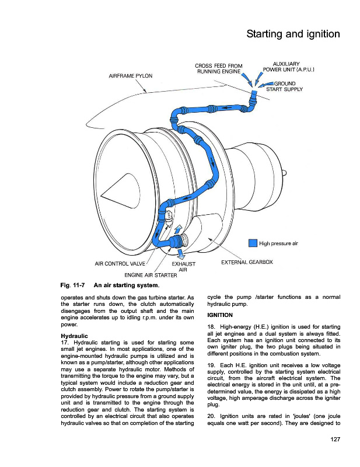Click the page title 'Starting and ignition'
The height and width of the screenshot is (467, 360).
click(x=293, y=34)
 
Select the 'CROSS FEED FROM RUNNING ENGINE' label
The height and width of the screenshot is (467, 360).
click(x=218, y=68)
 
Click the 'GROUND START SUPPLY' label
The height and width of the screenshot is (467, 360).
click(x=284, y=86)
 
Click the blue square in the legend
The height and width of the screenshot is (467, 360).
click(x=253, y=243)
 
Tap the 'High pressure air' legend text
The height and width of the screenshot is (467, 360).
click(x=279, y=243)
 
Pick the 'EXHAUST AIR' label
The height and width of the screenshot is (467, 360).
click(x=182, y=266)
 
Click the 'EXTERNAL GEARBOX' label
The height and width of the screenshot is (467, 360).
click(x=247, y=263)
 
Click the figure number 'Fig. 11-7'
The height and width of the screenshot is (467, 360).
click(x=73, y=285)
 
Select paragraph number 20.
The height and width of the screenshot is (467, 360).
click(x=212, y=416)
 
